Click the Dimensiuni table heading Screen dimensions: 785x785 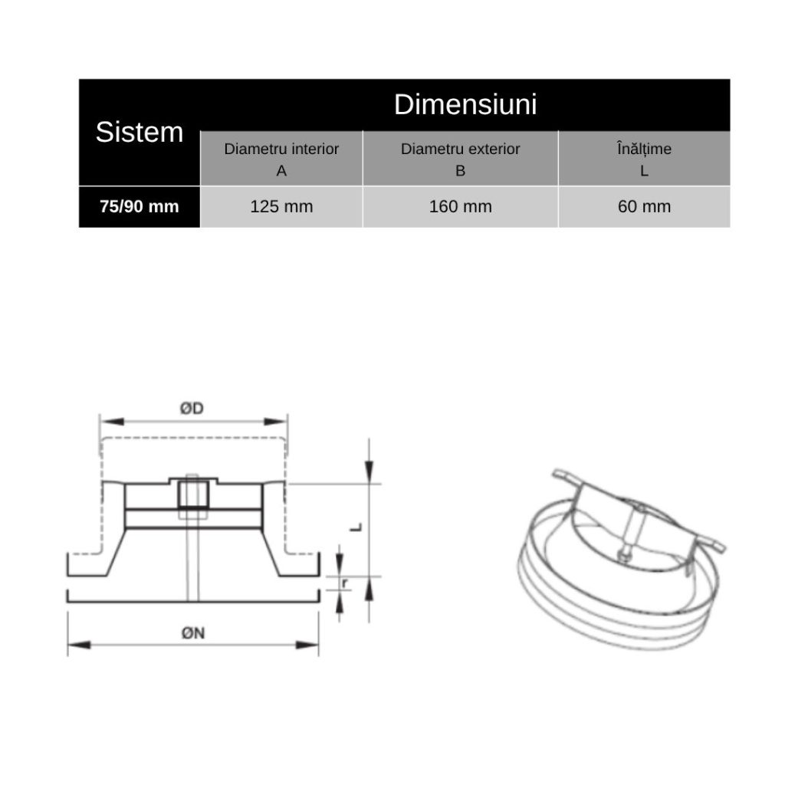[x=465, y=104]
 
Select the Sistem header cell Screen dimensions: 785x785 [x=140, y=132]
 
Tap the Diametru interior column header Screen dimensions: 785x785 [x=281, y=159]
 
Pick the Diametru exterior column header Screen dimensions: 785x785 [x=460, y=159]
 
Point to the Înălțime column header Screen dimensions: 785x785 [x=644, y=159]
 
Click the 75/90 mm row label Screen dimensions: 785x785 [x=140, y=206]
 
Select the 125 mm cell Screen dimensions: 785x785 [x=281, y=206]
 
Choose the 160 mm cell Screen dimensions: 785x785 [x=460, y=206]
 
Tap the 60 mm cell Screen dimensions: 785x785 [x=644, y=206]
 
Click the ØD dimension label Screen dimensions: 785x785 [x=192, y=409]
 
